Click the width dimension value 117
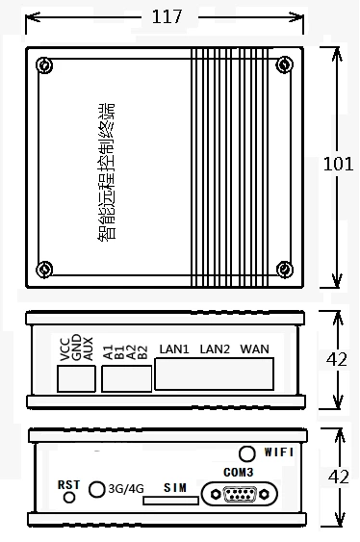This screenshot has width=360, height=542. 167,16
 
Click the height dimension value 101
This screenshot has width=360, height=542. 338,164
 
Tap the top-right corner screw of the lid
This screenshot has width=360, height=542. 283,65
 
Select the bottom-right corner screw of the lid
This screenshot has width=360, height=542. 283,269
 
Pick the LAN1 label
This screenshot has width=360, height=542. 174,348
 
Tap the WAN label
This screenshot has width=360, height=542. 255,348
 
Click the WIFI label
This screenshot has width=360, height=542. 279,451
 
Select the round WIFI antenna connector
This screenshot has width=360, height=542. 248,452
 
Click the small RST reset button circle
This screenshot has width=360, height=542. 68,498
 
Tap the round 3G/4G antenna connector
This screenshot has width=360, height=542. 97,489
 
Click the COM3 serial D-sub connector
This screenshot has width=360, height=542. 239,495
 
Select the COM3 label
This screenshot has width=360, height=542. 238,472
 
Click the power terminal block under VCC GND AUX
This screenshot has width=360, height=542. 76,379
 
